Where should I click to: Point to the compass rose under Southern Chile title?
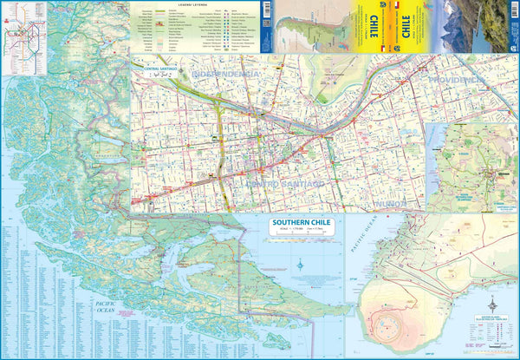click(x=300, y=265)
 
